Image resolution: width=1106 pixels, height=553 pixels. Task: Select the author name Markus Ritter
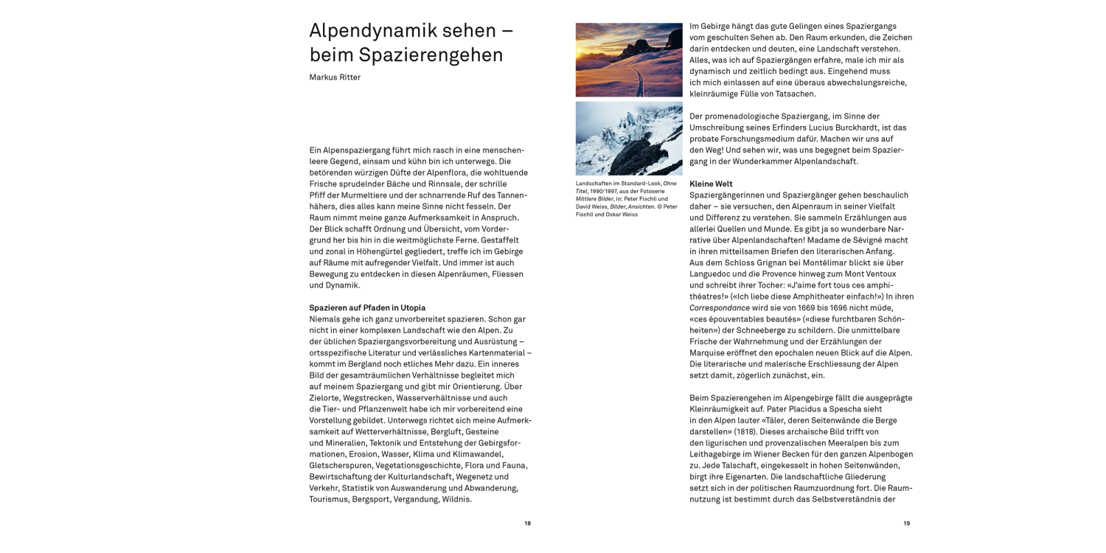[x=335, y=77]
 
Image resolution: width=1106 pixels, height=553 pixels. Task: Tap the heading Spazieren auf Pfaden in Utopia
[x=367, y=307]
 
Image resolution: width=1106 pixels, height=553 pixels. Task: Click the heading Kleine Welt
[x=711, y=184]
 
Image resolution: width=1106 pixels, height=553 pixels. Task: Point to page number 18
[x=527, y=524]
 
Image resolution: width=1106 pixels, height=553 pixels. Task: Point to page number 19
[x=906, y=524]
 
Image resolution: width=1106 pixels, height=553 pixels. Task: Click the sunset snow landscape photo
[x=628, y=59]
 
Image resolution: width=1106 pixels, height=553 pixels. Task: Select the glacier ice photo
[x=628, y=138]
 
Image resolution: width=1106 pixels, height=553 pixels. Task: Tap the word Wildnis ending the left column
[x=456, y=499]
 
